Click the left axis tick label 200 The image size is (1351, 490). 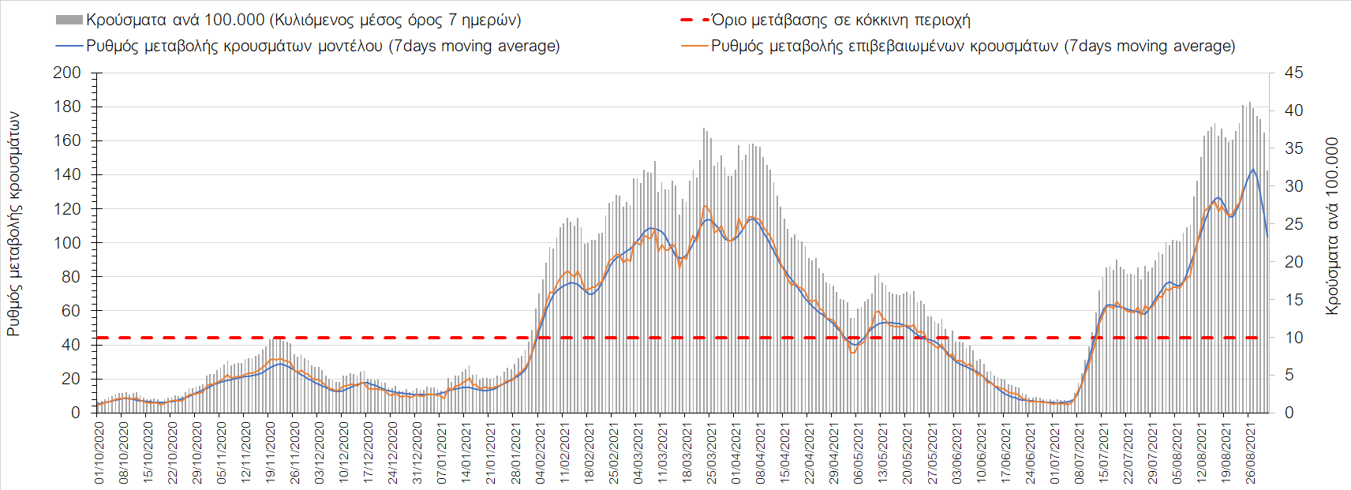(67, 73)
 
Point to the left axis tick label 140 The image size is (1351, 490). (67, 174)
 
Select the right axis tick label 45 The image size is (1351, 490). (1293, 73)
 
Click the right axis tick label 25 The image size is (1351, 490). (1293, 224)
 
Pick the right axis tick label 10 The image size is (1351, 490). (1293, 338)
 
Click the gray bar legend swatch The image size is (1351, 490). (69, 20)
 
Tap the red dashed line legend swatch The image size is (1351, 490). (694, 20)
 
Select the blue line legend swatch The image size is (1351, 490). (69, 46)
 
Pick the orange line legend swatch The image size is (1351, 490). (694, 46)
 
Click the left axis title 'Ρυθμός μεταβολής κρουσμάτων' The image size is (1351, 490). (13, 224)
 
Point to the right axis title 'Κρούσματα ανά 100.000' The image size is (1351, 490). (1332, 226)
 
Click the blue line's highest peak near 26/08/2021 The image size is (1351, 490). (1252, 169)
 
